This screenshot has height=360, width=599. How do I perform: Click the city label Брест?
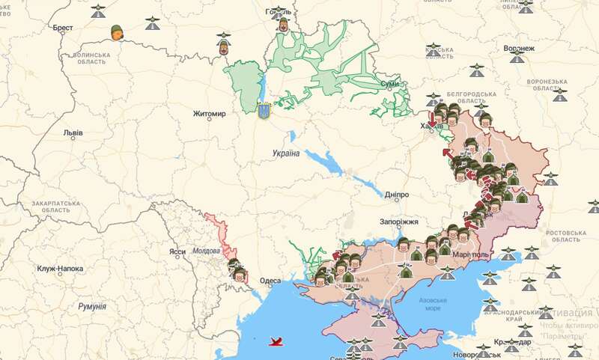point(63,28)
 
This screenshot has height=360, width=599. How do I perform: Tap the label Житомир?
point(209,114)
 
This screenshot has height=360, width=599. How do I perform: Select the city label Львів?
point(73,133)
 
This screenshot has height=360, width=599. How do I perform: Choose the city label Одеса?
point(270,281)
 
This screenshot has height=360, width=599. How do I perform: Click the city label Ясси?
point(177,251)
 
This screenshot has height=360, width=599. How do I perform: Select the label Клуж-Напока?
point(60,269)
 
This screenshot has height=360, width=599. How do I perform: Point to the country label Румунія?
point(92,307)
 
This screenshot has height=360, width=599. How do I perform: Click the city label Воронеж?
point(520,49)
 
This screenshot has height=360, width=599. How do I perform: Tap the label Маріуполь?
point(470,254)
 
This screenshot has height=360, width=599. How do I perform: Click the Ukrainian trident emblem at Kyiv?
point(264,112)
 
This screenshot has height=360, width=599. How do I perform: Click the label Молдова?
point(207,251)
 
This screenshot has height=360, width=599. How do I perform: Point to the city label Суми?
point(390,84)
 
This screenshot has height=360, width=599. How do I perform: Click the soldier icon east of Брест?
point(117,32)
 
